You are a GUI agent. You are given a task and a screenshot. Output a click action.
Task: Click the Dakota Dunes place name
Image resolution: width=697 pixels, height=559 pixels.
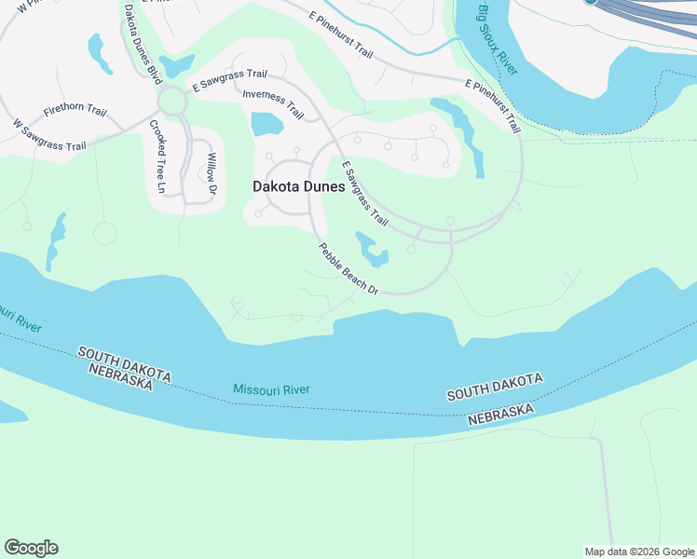click(x=298, y=186)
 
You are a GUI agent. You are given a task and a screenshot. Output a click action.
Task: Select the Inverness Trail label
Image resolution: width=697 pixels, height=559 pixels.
click(x=273, y=103)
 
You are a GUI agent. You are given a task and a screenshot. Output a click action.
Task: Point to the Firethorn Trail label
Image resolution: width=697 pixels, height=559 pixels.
click(x=75, y=109)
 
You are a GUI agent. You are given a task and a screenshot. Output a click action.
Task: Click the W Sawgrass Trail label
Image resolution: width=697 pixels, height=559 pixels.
click(x=49, y=134)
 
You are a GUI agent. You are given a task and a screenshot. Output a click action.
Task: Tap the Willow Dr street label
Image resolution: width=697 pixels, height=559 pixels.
click(x=212, y=174)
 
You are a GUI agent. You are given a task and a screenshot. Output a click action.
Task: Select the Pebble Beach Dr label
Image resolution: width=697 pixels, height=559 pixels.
click(x=348, y=269)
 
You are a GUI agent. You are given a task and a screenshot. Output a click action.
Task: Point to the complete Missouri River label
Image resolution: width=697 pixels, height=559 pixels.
click(x=270, y=390)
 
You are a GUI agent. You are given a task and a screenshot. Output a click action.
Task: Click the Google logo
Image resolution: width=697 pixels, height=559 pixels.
click(x=31, y=548)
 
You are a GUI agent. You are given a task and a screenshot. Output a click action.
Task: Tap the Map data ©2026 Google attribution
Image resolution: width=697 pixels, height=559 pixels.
click(x=639, y=552)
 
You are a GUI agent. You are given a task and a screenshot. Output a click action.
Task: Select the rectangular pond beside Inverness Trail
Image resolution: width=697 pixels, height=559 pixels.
click(x=266, y=124)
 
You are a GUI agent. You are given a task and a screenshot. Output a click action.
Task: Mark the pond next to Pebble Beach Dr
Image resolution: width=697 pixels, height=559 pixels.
click(x=373, y=250)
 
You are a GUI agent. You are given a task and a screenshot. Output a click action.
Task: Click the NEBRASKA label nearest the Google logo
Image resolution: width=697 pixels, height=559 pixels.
click(x=121, y=375)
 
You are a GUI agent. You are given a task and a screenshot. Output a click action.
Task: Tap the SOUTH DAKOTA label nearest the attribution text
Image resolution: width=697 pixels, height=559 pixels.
click(x=494, y=389)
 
